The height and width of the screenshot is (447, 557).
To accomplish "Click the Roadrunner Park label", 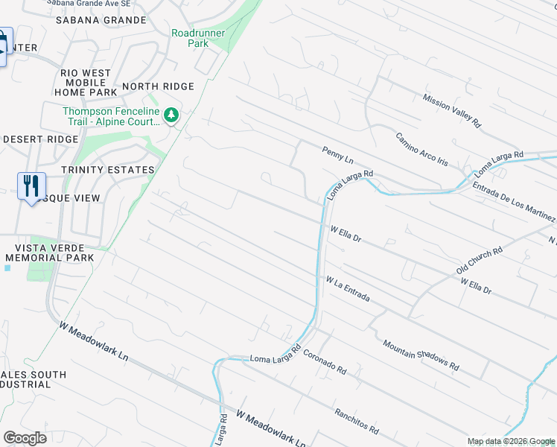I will (190, 38).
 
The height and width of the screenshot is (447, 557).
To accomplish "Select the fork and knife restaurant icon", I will (31, 186).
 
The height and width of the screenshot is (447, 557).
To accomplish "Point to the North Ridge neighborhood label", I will (158, 86).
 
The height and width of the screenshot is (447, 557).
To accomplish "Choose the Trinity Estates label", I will (108, 170).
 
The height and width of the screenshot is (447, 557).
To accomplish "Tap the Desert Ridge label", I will (40, 139).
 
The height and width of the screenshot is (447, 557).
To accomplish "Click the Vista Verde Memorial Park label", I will (49, 253).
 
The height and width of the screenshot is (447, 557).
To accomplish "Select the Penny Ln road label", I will (337, 156).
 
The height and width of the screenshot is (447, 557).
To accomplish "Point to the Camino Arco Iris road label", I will (421, 148).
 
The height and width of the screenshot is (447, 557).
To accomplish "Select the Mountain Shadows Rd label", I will (420, 355).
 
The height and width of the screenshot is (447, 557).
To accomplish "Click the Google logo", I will (25, 439).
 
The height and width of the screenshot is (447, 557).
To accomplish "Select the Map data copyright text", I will (511, 441).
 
